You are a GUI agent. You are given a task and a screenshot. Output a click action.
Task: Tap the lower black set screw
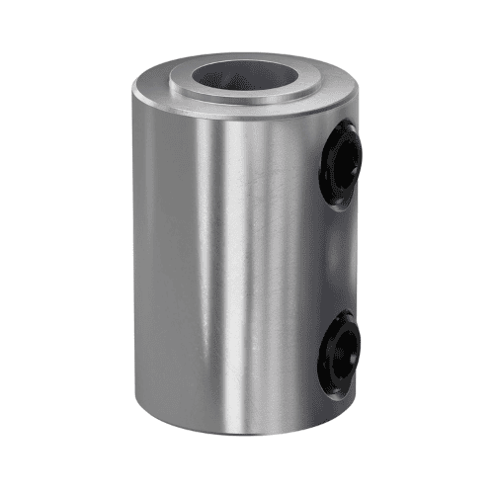pos(338,351)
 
